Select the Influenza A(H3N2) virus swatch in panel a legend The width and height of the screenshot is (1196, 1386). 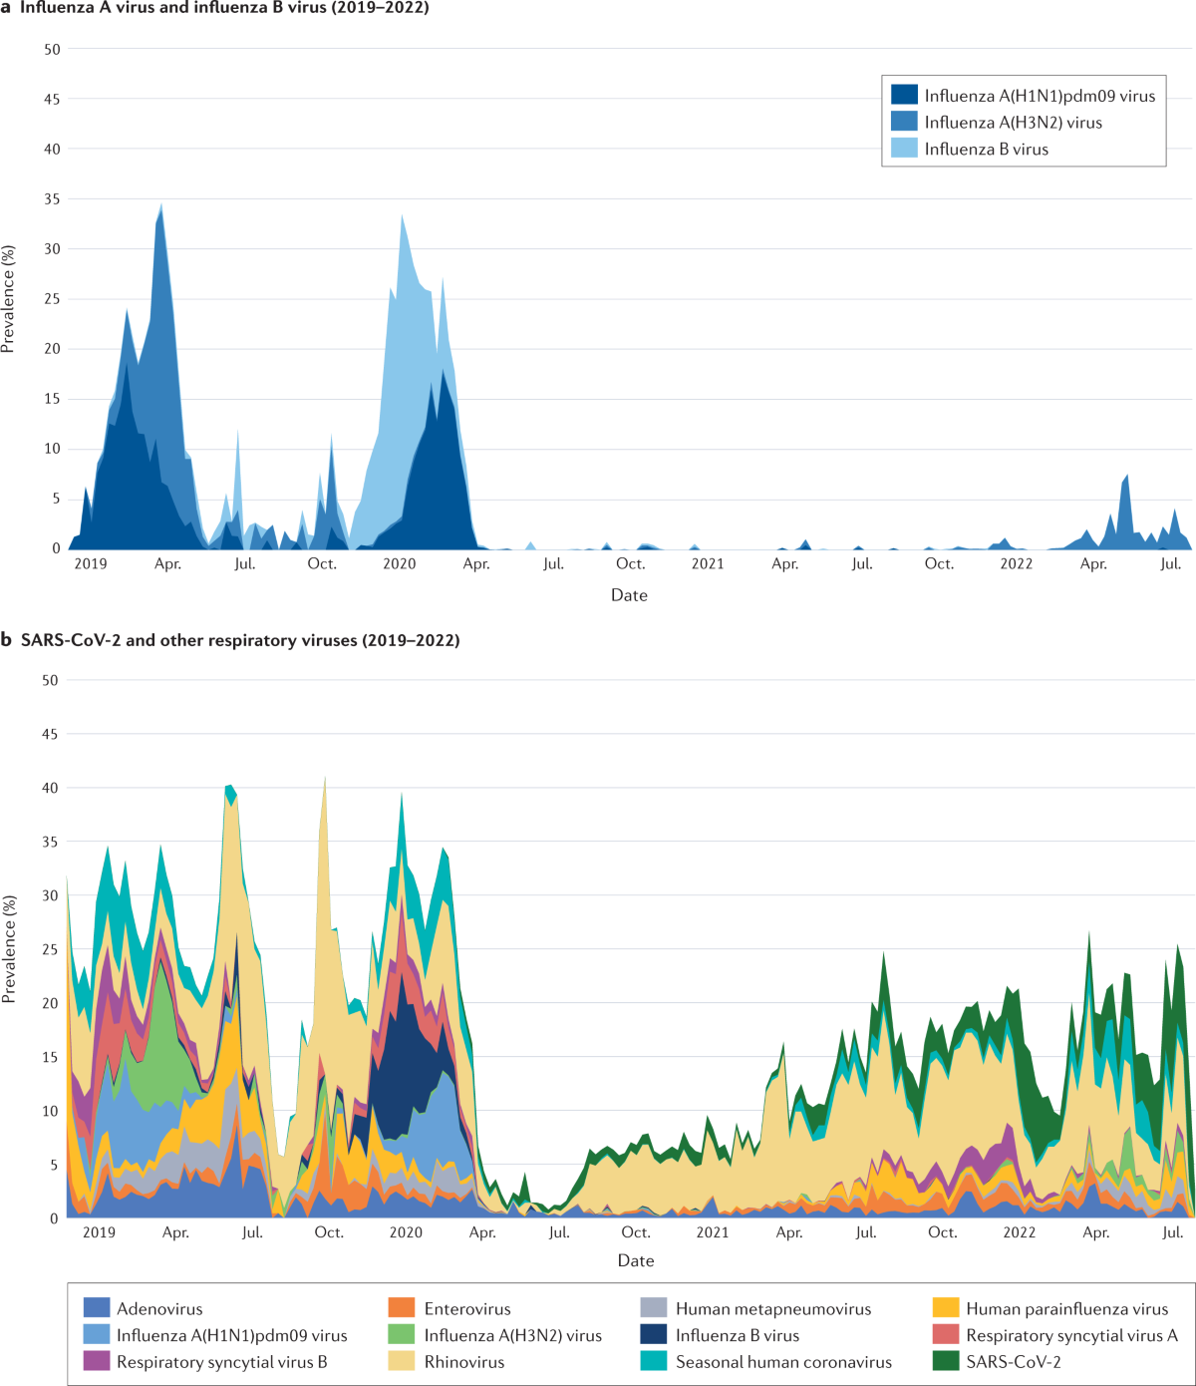904,123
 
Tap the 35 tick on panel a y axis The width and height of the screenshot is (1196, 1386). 51,199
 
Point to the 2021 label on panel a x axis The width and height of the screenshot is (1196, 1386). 708,564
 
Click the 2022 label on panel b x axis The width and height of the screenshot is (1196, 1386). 1019,1232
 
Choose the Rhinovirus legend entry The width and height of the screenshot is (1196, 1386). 463,1362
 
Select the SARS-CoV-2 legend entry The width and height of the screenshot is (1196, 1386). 1013,1362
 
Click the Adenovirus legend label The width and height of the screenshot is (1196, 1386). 159,1309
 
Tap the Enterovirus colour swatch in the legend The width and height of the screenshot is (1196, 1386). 402,1309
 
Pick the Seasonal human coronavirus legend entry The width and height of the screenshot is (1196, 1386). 782,1362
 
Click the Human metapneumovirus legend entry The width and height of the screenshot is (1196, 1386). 772,1309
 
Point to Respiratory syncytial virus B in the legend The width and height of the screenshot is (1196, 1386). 221,1362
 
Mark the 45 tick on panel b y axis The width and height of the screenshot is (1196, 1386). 49,734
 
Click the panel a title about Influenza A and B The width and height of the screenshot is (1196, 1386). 223,8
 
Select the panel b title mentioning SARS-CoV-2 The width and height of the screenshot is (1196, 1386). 239,640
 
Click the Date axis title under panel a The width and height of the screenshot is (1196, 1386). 629,595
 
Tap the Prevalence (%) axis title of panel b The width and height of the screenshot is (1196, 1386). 9,948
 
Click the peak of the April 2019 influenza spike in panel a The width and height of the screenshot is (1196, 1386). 161,203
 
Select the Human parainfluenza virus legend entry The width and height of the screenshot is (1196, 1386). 1066,1309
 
